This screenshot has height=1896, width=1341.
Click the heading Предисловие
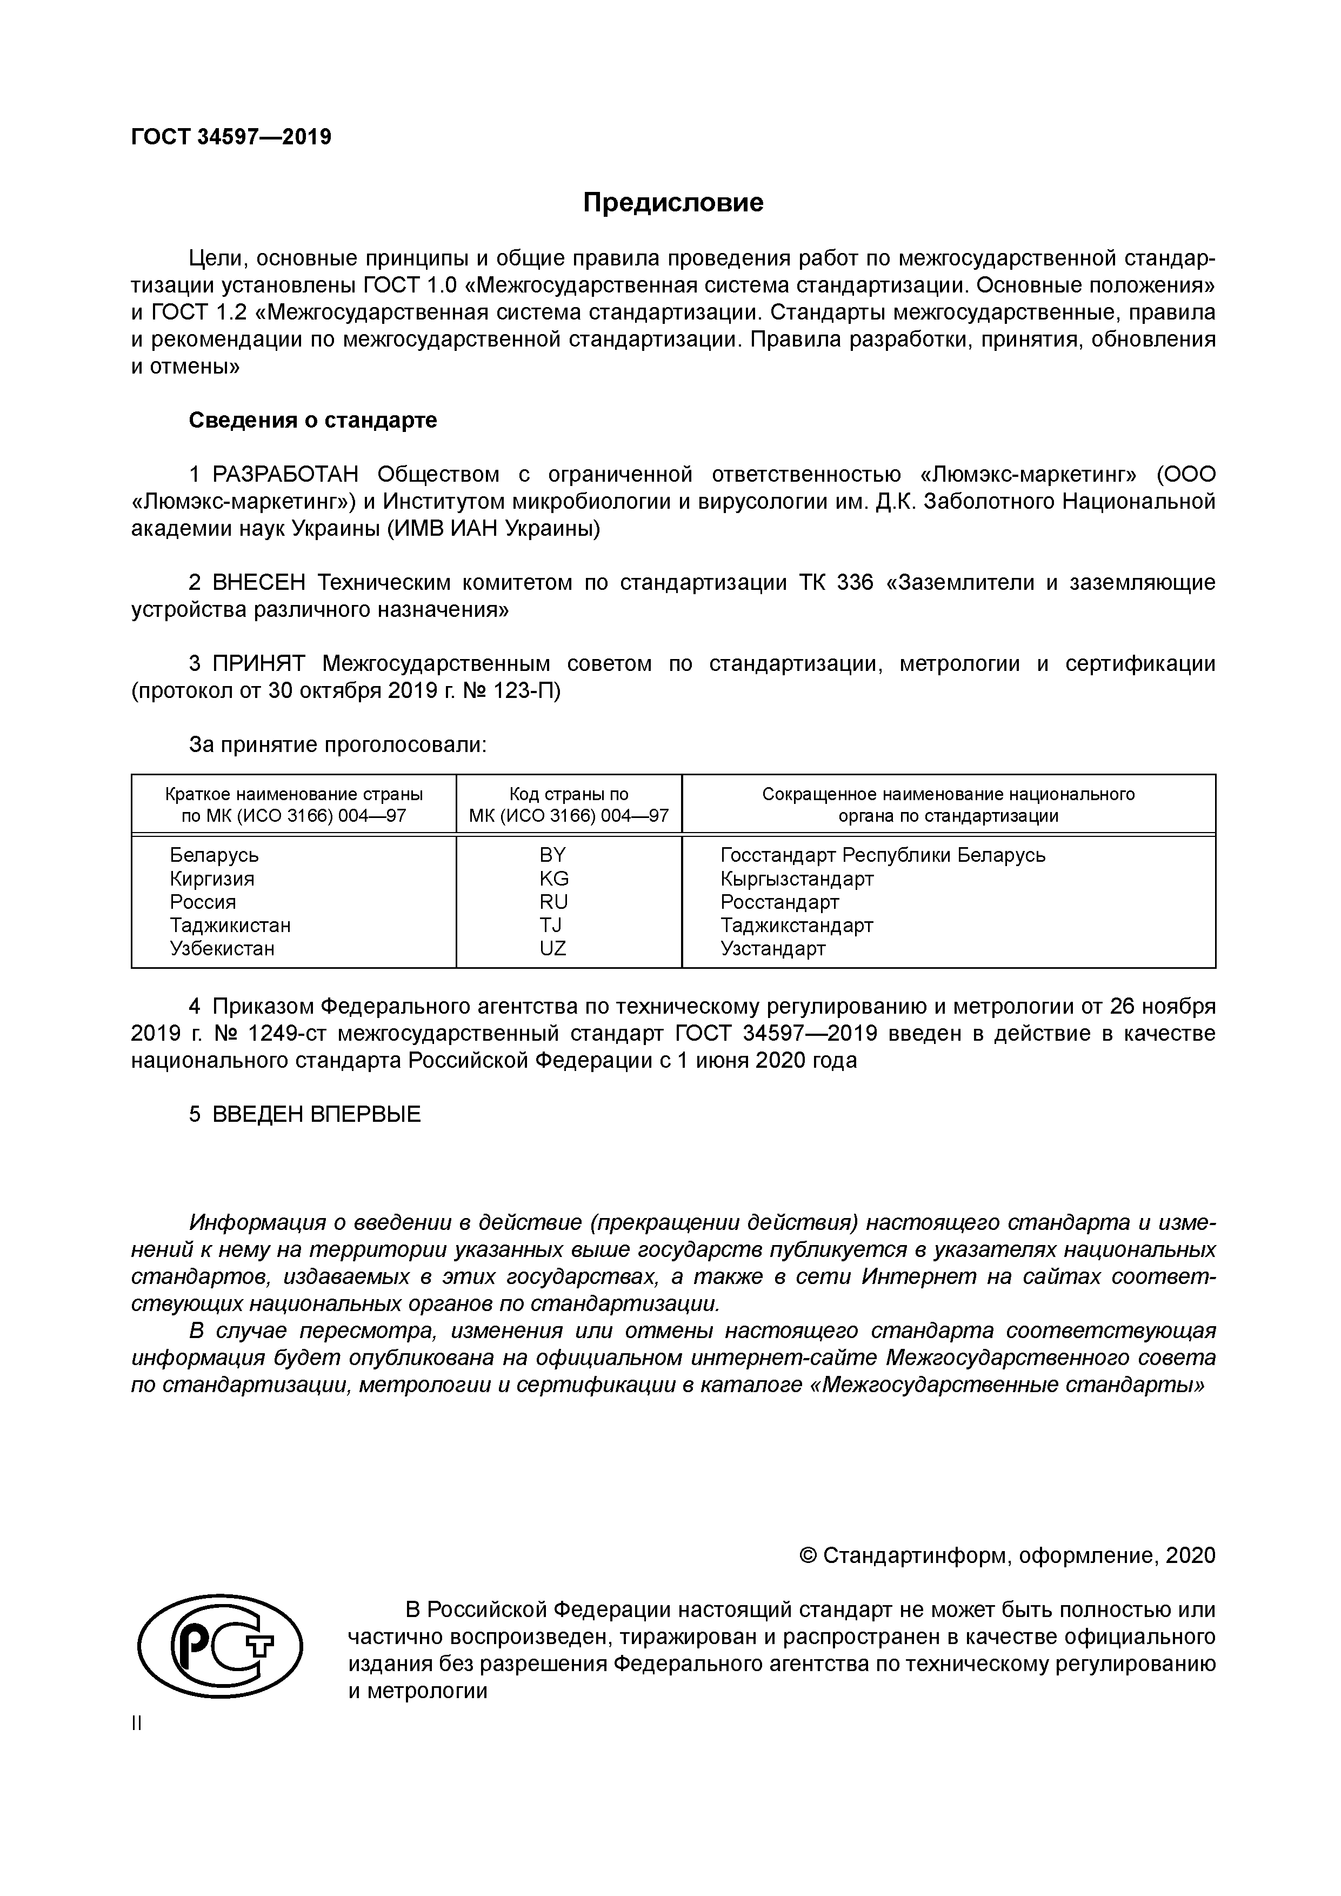click(x=673, y=202)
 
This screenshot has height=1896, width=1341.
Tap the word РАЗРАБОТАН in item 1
click(x=286, y=475)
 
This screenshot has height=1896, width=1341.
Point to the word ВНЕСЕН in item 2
click(x=259, y=583)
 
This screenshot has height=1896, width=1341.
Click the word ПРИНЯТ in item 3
click(x=259, y=664)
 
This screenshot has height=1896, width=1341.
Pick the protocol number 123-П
click(x=526, y=691)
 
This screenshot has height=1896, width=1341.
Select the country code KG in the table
click(x=554, y=879)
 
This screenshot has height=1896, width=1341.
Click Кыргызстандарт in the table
click(x=797, y=879)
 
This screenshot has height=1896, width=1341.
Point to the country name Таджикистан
click(x=230, y=926)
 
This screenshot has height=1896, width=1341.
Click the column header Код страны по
click(x=569, y=794)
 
